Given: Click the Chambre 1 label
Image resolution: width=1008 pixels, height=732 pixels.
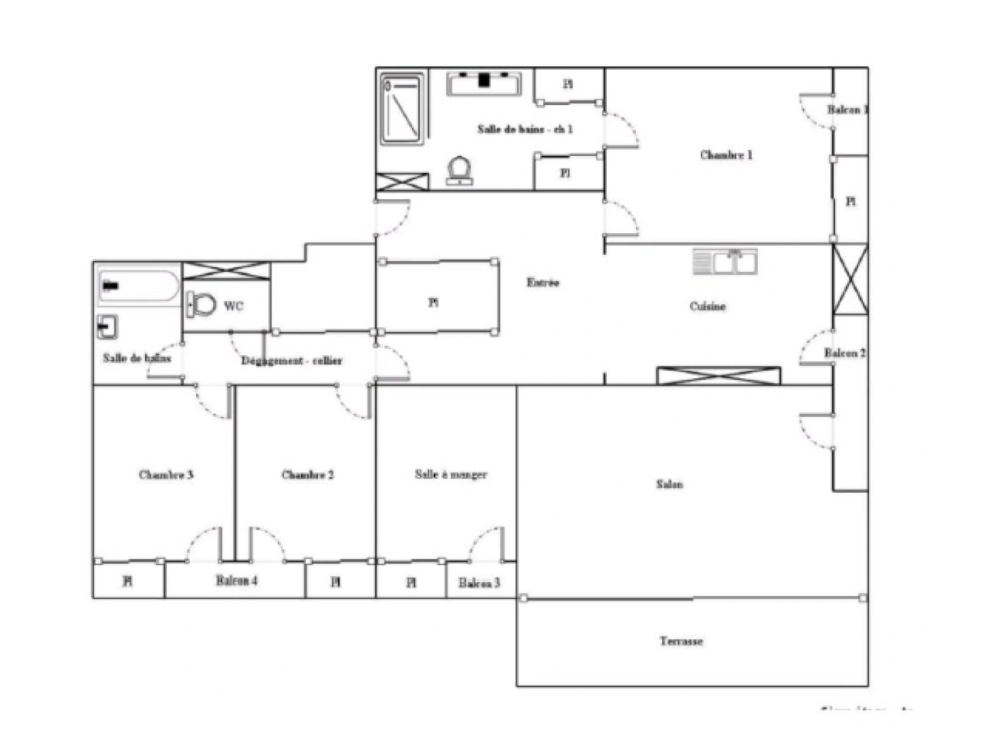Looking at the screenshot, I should tap(726, 155).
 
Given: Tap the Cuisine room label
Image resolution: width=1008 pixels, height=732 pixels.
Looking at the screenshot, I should tap(708, 306).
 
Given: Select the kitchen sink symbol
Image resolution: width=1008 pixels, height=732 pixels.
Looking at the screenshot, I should tap(725, 262).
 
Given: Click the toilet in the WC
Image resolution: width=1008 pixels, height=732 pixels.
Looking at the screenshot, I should tap(201, 305).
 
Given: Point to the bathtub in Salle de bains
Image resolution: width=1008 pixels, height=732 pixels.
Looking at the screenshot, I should tap(138, 286).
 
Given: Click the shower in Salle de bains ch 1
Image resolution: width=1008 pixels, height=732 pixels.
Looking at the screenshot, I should tap(402, 109).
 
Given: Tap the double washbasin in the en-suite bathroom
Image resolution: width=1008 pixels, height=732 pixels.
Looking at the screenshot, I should tap(484, 83).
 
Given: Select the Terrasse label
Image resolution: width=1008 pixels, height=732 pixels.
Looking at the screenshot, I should tap(681, 641).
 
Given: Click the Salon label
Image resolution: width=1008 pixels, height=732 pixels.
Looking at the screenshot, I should tap(669, 484).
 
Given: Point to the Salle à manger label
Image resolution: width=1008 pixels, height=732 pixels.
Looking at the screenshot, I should tap(451, 474).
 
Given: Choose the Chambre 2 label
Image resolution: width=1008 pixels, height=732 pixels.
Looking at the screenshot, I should tap(308, 474).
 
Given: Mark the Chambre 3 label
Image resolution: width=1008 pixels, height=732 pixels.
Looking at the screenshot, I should tap(166, 474).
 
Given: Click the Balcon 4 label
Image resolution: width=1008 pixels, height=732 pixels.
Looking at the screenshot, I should tap(237, 581).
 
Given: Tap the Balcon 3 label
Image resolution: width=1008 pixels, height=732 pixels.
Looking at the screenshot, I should tap(479, 583).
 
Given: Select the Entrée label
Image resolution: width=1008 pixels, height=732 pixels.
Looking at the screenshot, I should tap(543, 283).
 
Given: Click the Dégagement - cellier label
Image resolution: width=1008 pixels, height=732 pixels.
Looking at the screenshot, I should tap(291, 361).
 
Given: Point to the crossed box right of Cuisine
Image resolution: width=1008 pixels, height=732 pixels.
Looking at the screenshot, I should tap(850, 279).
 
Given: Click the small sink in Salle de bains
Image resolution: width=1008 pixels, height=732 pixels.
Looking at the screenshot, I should tap(107, 327).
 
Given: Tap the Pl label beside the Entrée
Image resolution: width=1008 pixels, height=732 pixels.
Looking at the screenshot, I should tap(433, 302).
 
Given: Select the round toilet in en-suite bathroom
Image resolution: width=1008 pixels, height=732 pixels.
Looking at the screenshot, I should tap(460, 170).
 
